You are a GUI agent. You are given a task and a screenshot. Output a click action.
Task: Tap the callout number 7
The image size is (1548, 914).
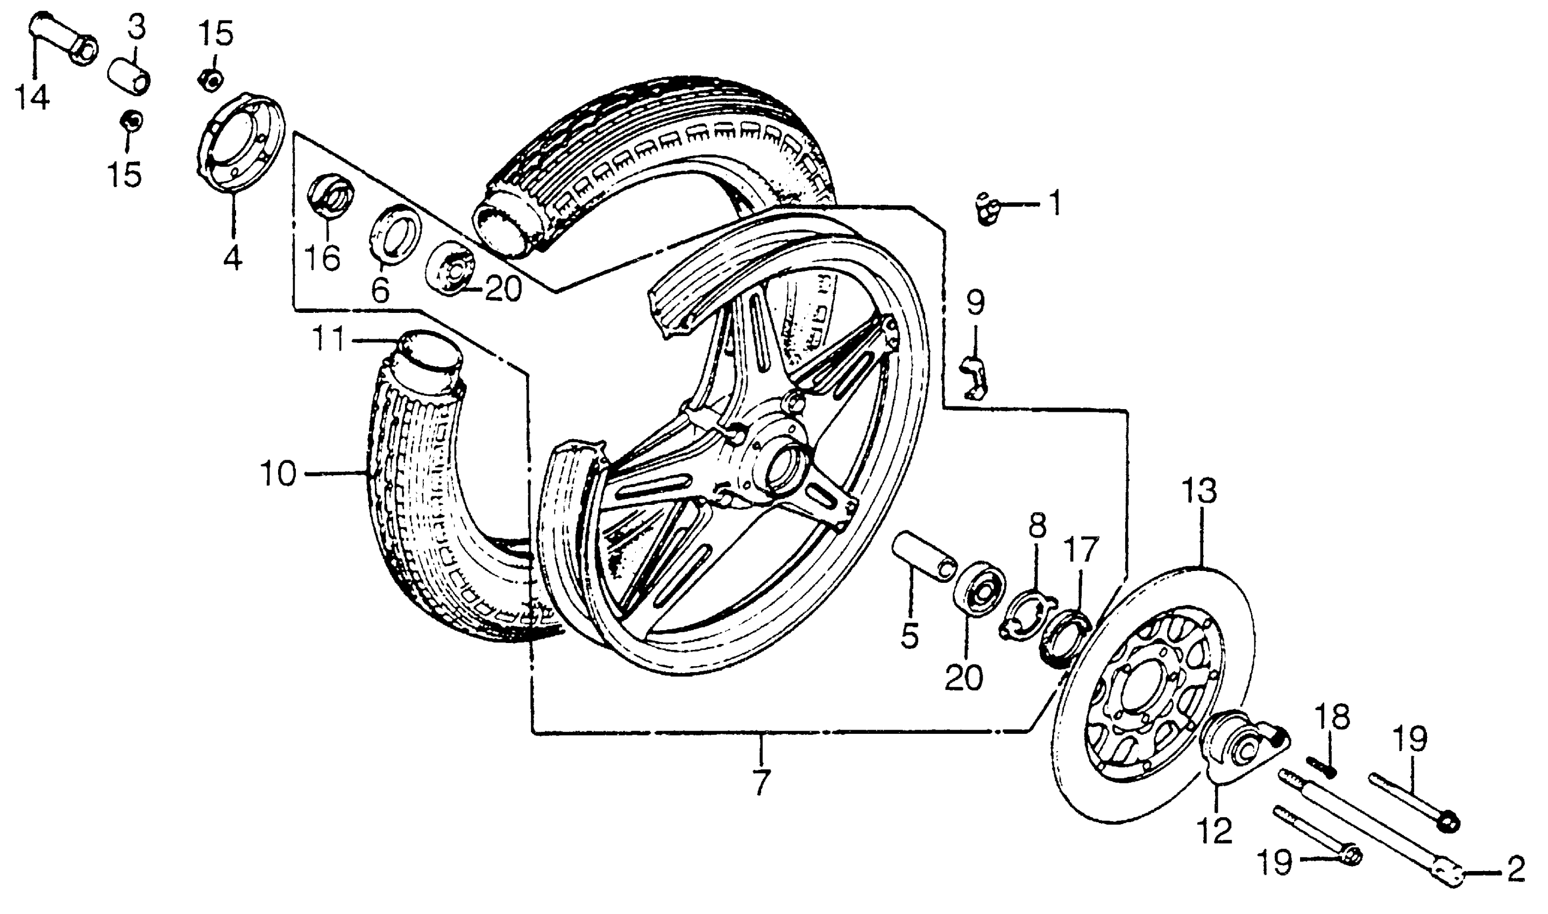[x=762, y=782]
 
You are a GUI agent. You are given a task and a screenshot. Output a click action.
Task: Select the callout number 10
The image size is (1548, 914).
[x=279, y=474]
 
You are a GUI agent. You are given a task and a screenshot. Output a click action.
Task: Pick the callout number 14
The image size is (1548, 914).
[x=33, y=97]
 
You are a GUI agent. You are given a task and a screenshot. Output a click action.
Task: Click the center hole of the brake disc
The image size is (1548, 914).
[x=1145, y=696]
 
